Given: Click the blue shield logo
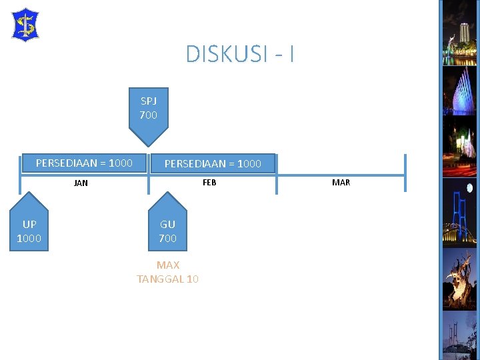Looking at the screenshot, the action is tap(25, 25).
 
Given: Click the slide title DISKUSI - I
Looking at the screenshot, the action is tap(240, 54).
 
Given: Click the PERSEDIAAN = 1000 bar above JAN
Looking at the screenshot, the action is tap(84, 163).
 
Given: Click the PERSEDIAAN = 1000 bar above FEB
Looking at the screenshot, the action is tap(213, 164).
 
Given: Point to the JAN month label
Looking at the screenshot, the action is tap(81, 183).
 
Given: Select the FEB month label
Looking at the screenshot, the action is tap(209, 183).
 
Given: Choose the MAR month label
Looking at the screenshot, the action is tap(341, 183).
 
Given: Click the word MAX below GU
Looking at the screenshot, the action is tap(168, 265).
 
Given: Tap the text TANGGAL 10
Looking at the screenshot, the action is tap(167, 279).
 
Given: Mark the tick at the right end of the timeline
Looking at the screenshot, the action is tap(405, 173).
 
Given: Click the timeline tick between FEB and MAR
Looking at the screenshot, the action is tap(277, 175).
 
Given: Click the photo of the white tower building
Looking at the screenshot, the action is tap(459, 33).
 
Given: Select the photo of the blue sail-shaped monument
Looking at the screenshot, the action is tap(459, 91).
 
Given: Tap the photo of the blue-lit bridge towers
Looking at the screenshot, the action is tap(459, 213).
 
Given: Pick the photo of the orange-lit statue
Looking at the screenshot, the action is tap(459, 279).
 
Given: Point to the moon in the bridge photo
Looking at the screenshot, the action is tap(469, 188).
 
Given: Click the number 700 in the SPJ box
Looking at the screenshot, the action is tap(149, 115).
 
